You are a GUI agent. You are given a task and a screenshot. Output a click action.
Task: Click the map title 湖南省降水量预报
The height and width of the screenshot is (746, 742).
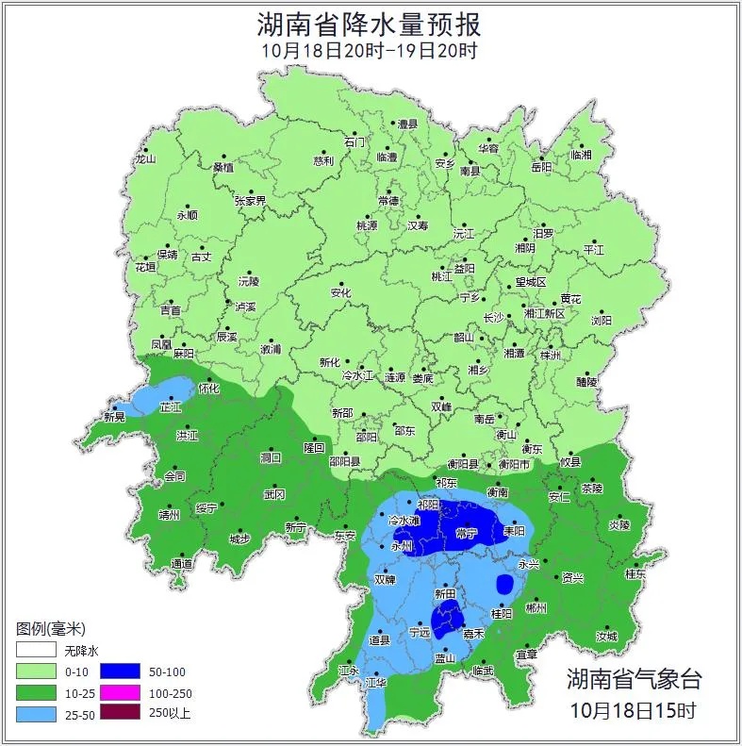[370, 23]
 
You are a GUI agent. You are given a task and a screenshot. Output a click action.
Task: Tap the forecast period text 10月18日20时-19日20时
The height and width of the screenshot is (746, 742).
[370, 51]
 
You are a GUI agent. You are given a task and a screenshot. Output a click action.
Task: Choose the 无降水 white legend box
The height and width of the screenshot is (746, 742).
[34, 651]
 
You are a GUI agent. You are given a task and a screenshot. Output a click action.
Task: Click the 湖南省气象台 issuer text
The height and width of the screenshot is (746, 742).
[634, 678]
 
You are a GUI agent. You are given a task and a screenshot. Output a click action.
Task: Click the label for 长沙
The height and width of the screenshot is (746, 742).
[493, 318]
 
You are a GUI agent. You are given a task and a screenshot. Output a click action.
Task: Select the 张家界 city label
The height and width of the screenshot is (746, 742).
[250, 201]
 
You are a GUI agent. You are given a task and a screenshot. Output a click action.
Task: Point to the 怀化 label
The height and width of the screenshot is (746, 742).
[208, 388]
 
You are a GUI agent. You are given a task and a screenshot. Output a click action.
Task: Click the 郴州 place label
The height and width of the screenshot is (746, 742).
[536, 609]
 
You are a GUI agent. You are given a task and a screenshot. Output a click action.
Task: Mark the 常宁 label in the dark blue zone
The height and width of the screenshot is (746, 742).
[466, 533]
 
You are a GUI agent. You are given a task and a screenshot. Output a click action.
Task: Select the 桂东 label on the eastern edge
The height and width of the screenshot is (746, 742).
[635, 573]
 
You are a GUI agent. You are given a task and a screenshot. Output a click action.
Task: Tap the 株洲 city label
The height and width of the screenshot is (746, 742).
[550, 356]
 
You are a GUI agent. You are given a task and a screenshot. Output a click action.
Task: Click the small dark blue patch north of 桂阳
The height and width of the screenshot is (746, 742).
[504, 583]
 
